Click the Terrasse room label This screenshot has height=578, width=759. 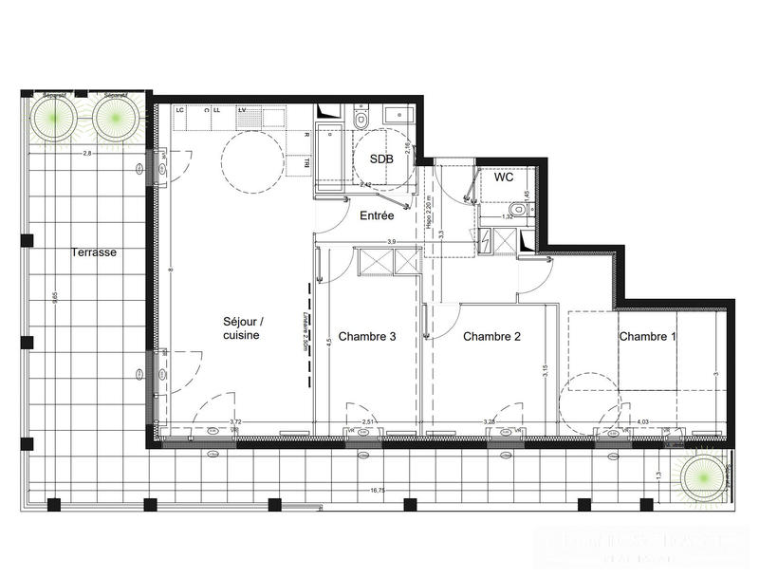(94, 252)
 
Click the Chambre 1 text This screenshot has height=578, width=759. (648, 336)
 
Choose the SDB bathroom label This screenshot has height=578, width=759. (381, 159)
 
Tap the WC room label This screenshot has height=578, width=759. (503, 177)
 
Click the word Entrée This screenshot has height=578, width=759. (377, 216)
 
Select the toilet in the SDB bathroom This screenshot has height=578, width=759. (361, 119)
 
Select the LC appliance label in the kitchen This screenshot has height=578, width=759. (179, 110)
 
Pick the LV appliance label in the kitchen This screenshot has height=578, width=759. (243, 110)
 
